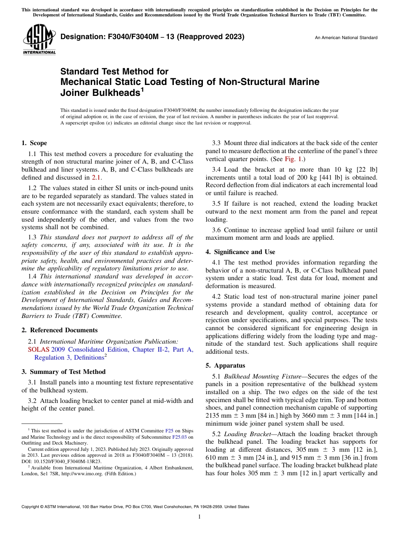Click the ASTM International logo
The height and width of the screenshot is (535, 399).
(39, 40)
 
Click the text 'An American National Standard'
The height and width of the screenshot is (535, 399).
(346, 38)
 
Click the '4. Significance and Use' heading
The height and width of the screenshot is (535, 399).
(240, 252)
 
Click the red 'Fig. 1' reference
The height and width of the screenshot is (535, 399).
(291, 159)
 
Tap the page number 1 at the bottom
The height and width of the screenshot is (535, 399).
(199, 516)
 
